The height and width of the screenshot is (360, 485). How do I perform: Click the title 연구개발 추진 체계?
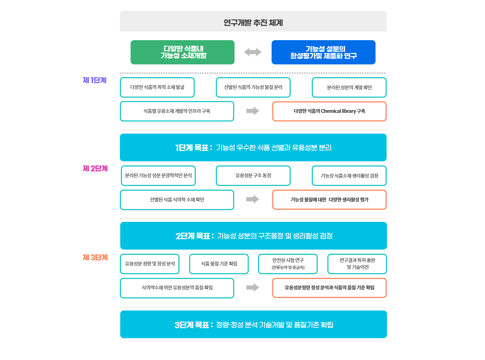pyautogui.click(x=253, y=23)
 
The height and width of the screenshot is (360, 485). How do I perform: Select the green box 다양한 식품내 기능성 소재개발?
pyautogui.click(x=183, y=52)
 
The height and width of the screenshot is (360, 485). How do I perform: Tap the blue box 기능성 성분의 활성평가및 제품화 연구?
pyautogui.click(x=324, y=52)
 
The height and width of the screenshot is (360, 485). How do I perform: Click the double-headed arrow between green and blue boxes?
pyautogui.click(x=253, y=52)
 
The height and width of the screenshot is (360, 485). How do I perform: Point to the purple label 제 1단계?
pyautogui.click(x=95, y=80)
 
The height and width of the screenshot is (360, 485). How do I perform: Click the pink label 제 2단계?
pyautogui.click(x=95, y=169)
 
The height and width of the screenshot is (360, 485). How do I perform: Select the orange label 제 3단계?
pyautogui.click(x=95, y=258)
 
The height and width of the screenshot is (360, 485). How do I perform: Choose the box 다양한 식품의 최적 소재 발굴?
pyautogui.click(x=157, y=87)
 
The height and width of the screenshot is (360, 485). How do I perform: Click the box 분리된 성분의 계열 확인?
pyautogui.click(x=349, y=88)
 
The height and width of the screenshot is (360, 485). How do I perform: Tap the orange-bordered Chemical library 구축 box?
pyautogui.click(x=329, y=111)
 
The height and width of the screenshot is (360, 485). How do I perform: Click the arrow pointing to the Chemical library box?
pyautogui.click(x=253, y=111)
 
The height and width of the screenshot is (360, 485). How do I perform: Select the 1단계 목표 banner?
pyautogui.click(x=253, y=147)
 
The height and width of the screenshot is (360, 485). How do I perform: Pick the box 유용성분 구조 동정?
pyautogui.click(x=253, y=175)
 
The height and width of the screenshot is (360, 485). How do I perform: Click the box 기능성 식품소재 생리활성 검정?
pyautogui.click(x=349, y=176)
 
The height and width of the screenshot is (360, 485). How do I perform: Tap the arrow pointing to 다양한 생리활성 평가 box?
pyautogui.click(x=253, y=199)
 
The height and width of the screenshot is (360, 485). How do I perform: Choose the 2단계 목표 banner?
pyautogui.click(x=253, y=236)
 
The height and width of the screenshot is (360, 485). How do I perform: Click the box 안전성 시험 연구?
pyautogui.click(x=288, y=264)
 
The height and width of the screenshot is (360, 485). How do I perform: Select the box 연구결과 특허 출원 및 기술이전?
pyautogui.click(x=357, y=264)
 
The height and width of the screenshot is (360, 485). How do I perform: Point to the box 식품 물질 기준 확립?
pyautogui.click(x=219, y=264)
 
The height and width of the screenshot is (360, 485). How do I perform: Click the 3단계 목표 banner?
pyautogui.click(x=253, y=324)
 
